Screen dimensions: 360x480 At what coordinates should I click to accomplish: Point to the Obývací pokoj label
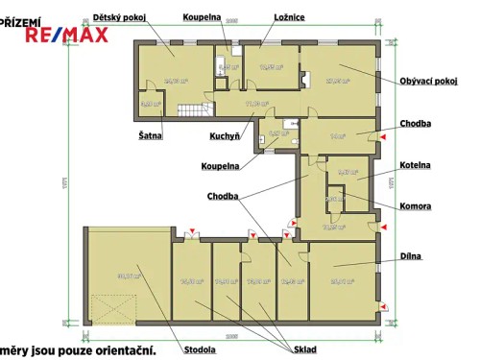pyautogui.click(x=428, y=82)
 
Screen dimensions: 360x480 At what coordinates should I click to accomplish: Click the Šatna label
pyautogui.click(x=150, y=136)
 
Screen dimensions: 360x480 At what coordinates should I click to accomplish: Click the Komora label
pyautogui.click(x=415, y=205)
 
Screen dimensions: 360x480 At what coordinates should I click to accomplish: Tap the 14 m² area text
pyautogui.click(x=337, y=136)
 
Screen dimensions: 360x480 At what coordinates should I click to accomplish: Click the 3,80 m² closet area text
pyautogui.click(x=150, y=103)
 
